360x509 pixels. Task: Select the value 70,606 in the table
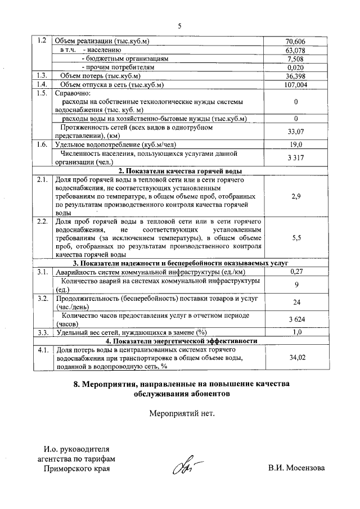pos(295,41)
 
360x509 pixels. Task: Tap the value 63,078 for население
pos(295,50)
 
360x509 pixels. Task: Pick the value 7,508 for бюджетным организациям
pos(295,58)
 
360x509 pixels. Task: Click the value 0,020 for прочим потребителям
pos(295,67)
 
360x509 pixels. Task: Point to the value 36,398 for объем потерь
pos(295,76)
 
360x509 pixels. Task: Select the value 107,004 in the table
pos(295,85)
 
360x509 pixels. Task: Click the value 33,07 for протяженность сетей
pos(295,132)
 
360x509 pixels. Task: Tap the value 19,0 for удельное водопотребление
pos(295,145)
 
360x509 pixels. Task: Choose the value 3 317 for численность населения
pos(295,157)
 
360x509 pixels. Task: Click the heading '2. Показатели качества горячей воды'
pos(180,170)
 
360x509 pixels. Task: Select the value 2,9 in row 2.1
pos(295,196)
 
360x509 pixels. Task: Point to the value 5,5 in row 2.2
pos(295,238)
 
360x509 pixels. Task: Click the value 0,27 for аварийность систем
pos(295,272)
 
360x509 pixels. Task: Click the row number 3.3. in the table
pos(41,332)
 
